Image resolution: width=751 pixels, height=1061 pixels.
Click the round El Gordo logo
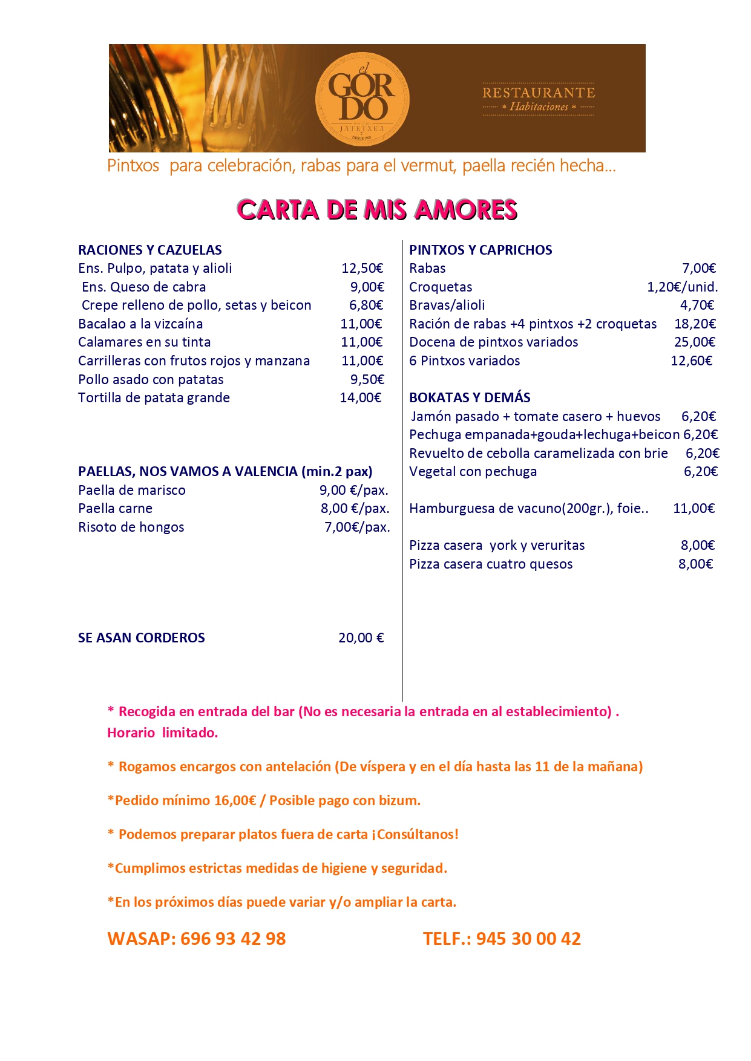362,99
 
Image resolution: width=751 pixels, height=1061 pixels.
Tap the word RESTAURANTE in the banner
539,93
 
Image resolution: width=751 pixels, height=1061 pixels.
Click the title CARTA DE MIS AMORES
376,210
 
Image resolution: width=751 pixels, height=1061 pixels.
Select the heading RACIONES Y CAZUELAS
150,250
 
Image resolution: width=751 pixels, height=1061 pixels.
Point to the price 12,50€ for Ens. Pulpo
362,268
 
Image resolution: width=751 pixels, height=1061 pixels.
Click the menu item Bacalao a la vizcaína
140,324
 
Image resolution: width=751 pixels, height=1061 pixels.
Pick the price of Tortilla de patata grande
361,397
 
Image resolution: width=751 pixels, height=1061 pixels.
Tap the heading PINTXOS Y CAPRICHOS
480,250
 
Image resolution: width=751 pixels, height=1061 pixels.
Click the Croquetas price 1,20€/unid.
682,287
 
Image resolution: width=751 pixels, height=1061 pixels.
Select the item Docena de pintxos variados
494,342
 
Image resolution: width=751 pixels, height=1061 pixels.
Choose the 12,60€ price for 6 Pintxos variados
691,361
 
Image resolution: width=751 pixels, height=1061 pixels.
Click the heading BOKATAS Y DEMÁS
470,397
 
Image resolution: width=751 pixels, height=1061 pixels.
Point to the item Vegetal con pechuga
473,471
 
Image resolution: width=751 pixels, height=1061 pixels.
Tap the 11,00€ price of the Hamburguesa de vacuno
694,508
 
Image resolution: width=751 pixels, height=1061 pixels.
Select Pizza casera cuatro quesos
491,564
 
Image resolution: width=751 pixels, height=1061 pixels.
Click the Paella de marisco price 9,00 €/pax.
354,490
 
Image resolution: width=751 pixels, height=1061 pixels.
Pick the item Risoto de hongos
131,527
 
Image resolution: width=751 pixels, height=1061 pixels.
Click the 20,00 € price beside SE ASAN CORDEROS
361,638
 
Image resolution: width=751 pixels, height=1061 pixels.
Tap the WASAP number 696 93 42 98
233,938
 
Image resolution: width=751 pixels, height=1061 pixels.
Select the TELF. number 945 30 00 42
528,938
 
